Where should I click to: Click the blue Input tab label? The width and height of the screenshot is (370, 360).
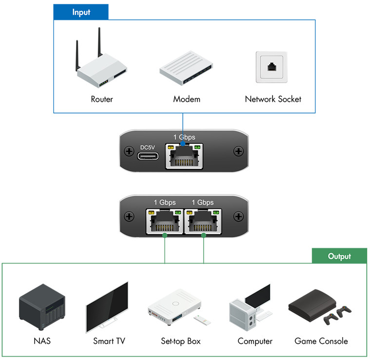click(81, 12)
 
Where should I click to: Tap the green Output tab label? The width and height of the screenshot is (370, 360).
click(339, 256)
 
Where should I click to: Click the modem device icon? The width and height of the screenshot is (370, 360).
click(186, 68)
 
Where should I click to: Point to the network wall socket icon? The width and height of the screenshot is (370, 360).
click(272, 67)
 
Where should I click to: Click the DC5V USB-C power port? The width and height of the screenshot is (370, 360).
click(148, 156)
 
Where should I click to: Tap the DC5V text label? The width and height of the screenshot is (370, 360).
click(148, 147)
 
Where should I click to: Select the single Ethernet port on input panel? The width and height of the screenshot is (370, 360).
click(184, 156)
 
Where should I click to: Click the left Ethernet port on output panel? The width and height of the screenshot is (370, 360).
click(165, 221)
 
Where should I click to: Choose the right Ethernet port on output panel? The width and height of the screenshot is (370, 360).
click(203, 221)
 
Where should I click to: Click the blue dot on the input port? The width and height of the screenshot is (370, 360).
click(183, 144)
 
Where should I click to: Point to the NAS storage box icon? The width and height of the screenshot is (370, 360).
click(42, 307)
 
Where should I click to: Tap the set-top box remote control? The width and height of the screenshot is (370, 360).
click(202, 320)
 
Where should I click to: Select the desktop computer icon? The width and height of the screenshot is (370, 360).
click(251, 307)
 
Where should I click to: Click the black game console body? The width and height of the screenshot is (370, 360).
click(312, 305)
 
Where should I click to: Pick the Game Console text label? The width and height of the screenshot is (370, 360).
click(321, 341)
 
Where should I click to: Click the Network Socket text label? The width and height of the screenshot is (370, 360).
click(273, 99)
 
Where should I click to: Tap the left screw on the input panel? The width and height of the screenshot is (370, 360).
click(129, 151)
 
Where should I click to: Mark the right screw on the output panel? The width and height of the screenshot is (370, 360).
click(238, 216)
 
